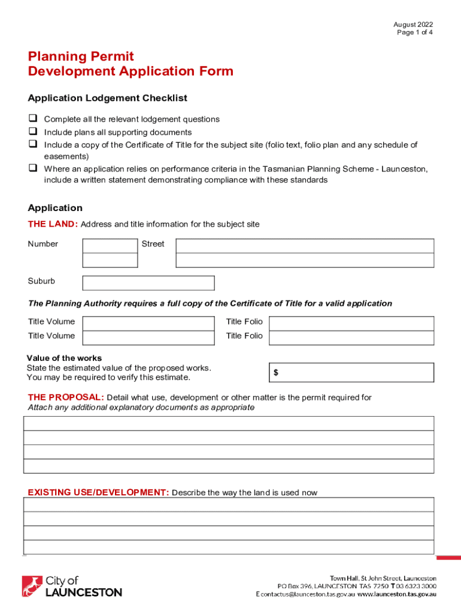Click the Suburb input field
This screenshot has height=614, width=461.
(x=148, y=283)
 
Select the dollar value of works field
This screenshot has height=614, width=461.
(x=351, y=372)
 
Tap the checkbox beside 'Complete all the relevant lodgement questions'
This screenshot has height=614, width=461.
(x=32, y=119)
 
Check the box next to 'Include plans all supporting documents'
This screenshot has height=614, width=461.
(x=32, y=131)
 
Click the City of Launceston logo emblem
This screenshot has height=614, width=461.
(x=32, y=586)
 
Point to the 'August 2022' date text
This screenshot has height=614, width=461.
(x=413, y=25)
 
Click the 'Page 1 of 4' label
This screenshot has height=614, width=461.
(x=415, y=32)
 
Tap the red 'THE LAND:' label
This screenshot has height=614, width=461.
(x=53, y=224)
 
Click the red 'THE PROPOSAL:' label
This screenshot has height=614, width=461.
(x=66, y=398)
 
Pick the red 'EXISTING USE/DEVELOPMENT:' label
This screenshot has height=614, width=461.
(x=98, y=492)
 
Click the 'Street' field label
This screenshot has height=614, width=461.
(x=153, y=244)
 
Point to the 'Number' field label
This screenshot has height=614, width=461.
(x=43, y=244)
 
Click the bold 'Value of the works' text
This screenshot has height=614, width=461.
(x=64, y=358)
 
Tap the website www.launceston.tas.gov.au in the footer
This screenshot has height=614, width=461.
(x=397, y=594)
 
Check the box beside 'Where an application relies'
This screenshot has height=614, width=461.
(x=32, y=168)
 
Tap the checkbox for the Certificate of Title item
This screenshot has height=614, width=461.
(x=32, y=144)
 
